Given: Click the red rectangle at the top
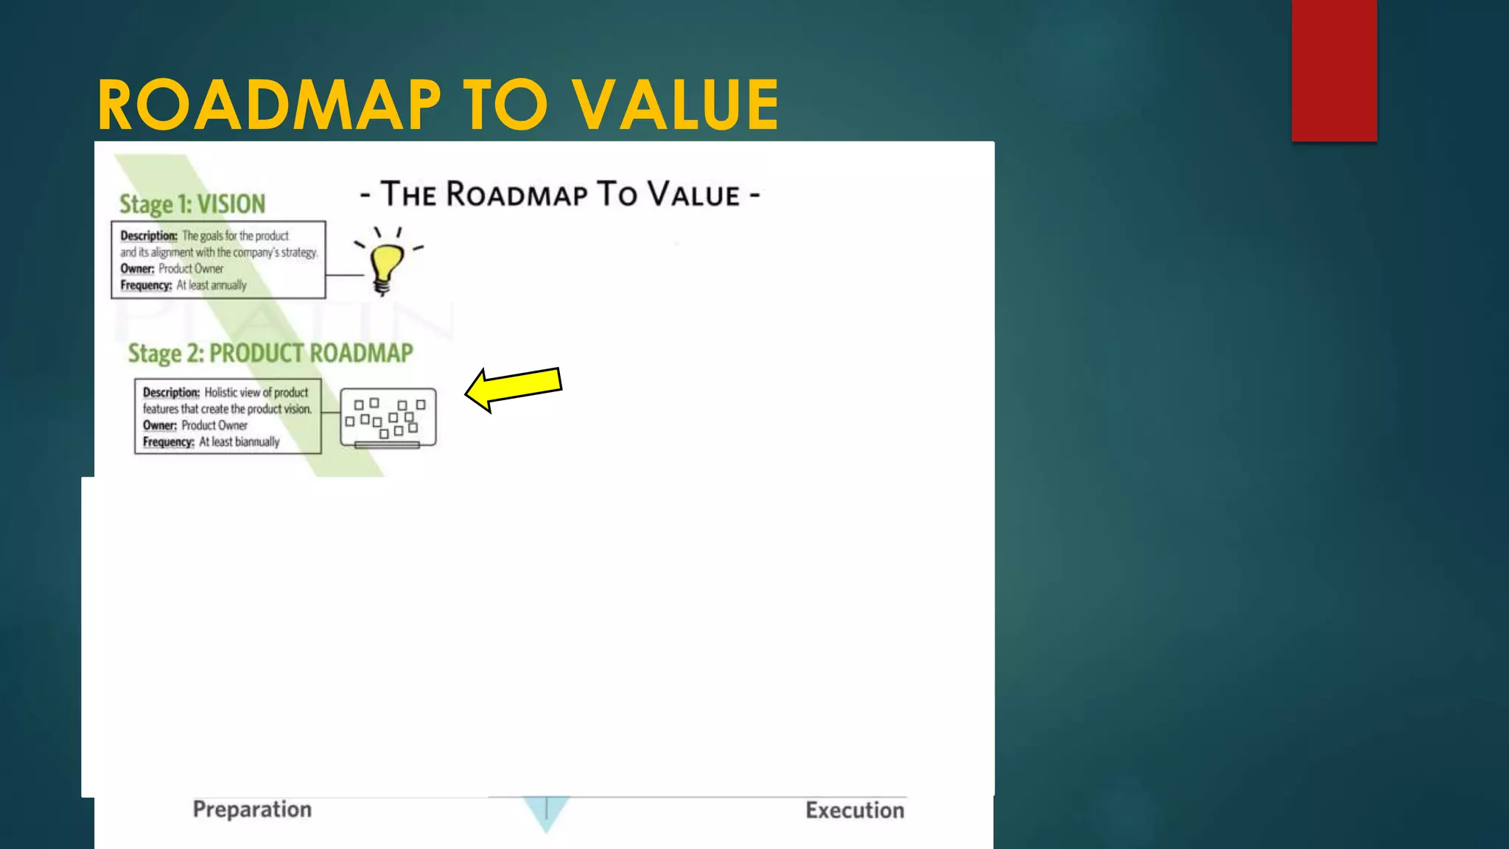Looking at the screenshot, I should (x=1334, y=70).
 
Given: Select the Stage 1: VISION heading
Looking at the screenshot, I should (x=192, y=204).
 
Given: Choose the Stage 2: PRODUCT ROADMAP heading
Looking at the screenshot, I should (x=270, y=354).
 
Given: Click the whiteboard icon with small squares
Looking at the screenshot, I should (x=388, y=418).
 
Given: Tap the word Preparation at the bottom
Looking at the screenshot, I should (x=252, y=809).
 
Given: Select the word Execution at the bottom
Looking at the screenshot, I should (x=855, y=810).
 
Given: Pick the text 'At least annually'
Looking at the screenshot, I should (x=211, y=285).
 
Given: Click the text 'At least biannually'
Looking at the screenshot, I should (x=239, y=442).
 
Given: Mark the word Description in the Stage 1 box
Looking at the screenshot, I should (x=149, y=236).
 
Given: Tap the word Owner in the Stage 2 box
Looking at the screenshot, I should (x=159, y=425).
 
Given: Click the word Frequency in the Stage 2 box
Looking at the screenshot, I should (x=168, y=442).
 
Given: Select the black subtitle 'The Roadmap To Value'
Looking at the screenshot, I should (x=560, y=195).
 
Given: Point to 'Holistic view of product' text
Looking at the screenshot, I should (x=256, y=393).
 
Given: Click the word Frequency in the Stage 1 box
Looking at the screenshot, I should (x=146, y=285).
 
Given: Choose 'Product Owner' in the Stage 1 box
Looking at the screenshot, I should (x=191, y=269).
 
